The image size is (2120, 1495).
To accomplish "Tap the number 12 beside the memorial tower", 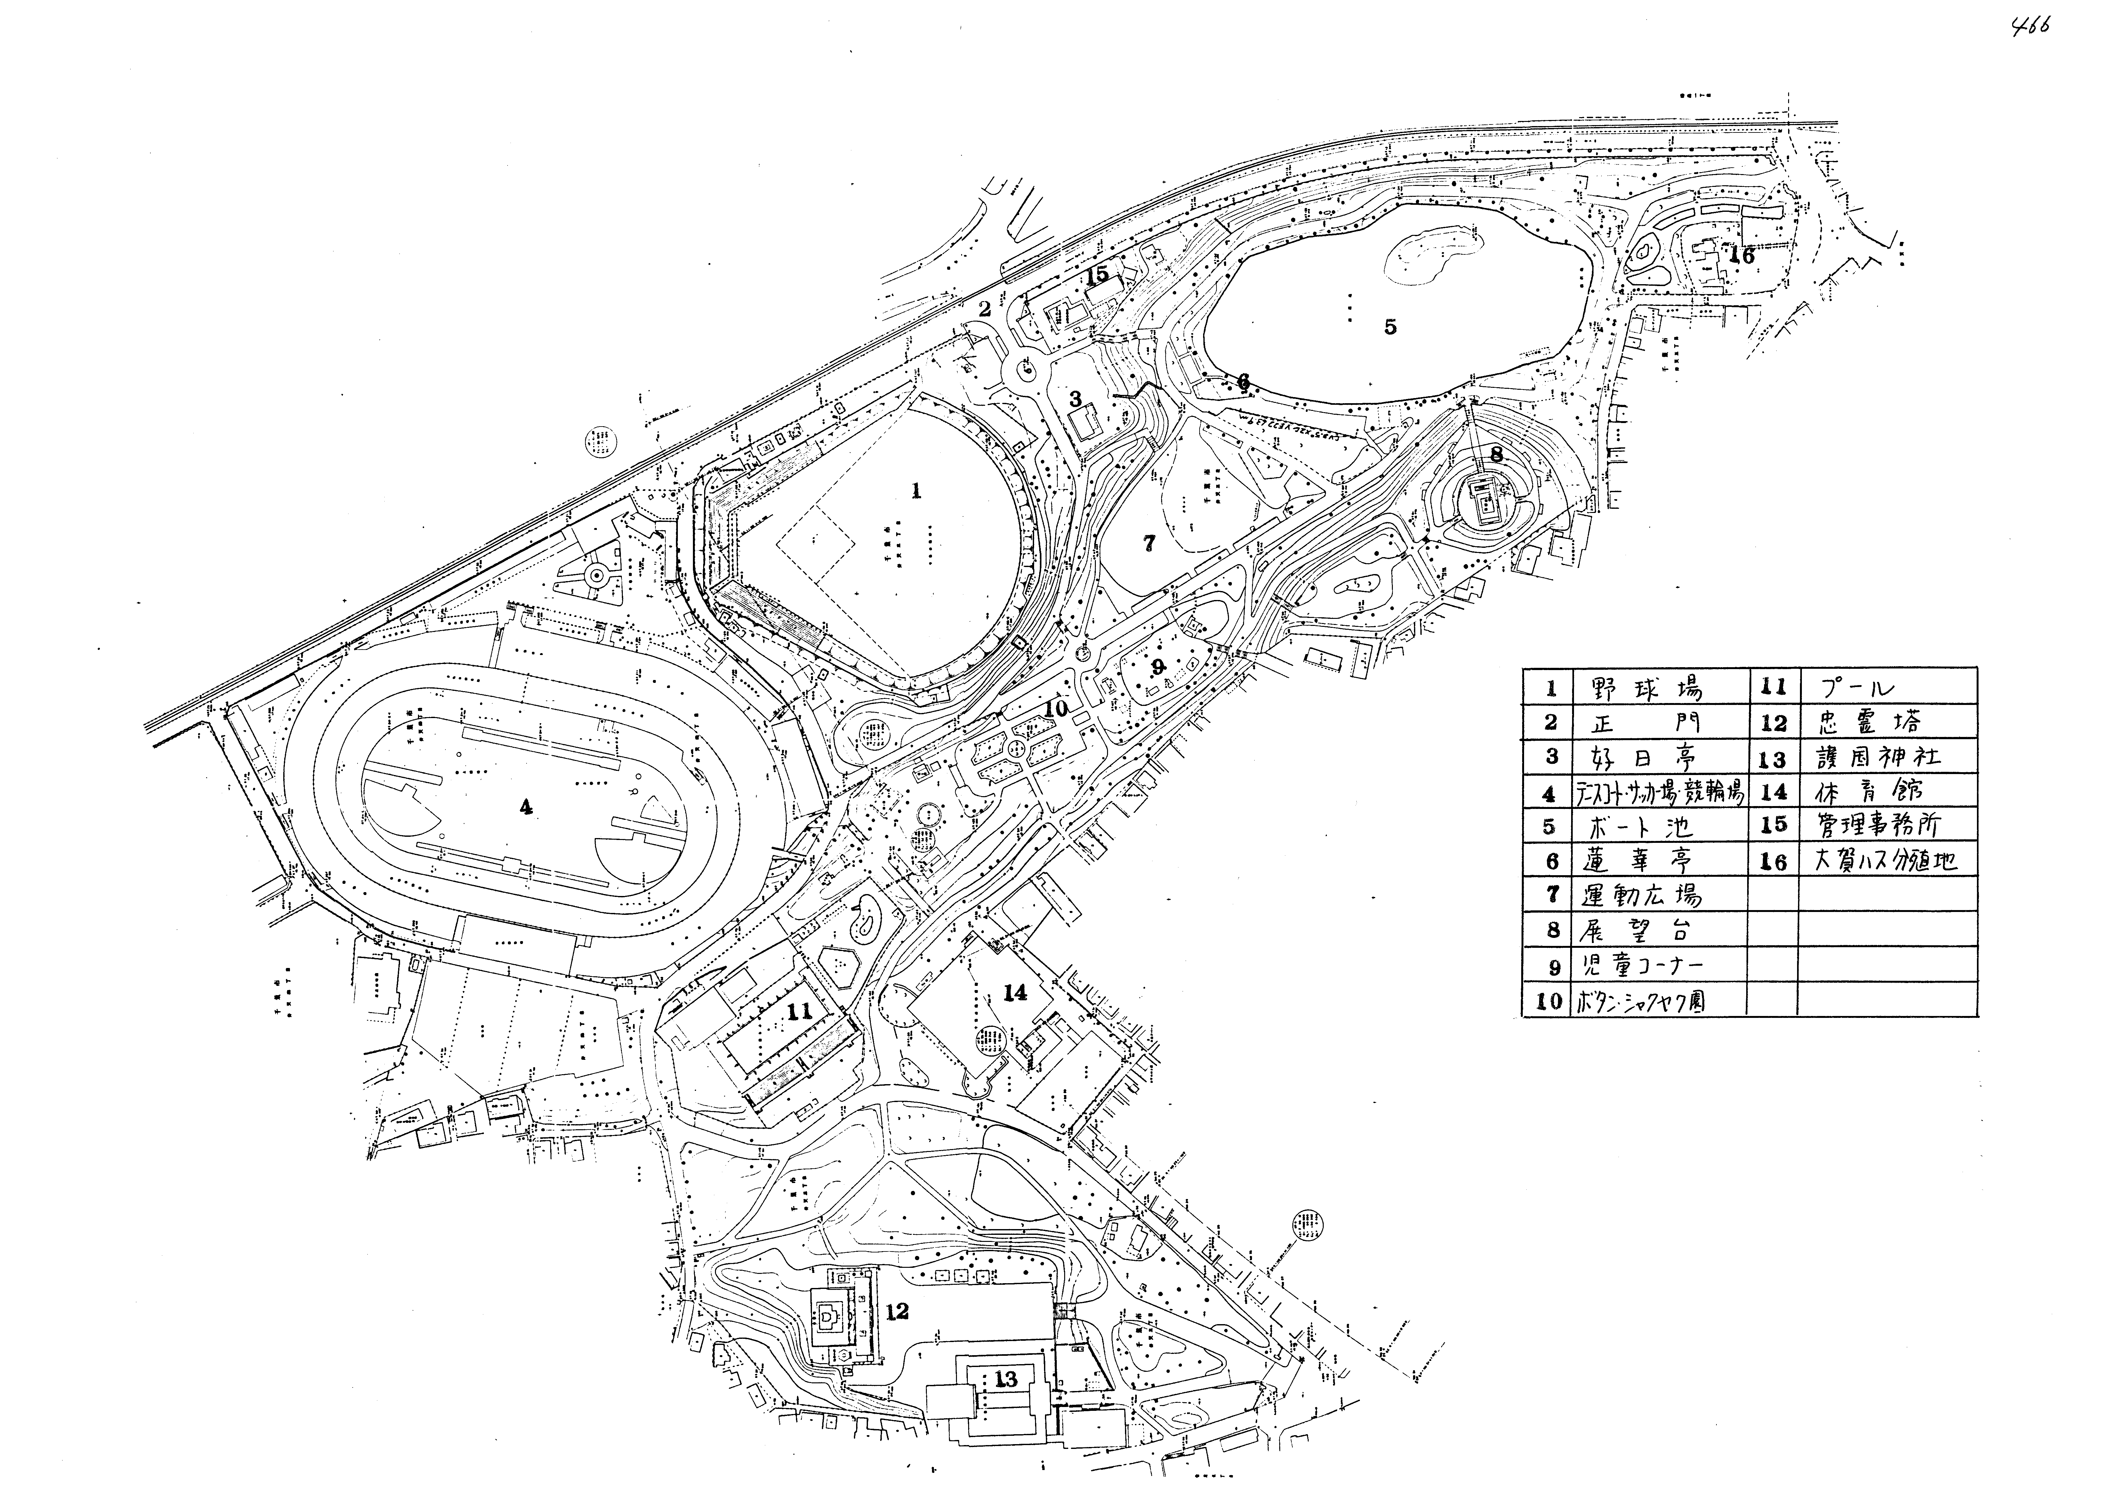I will click(x=896, y=1311).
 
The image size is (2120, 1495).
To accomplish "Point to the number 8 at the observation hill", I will click(x=1496, y=454).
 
